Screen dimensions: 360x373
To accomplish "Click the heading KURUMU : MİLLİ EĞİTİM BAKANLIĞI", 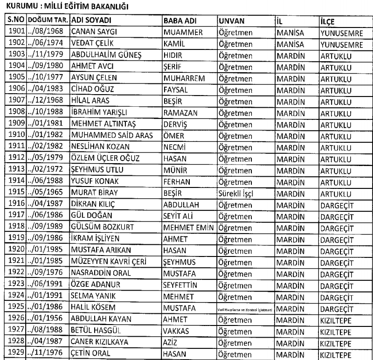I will [x=65, y=7].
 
